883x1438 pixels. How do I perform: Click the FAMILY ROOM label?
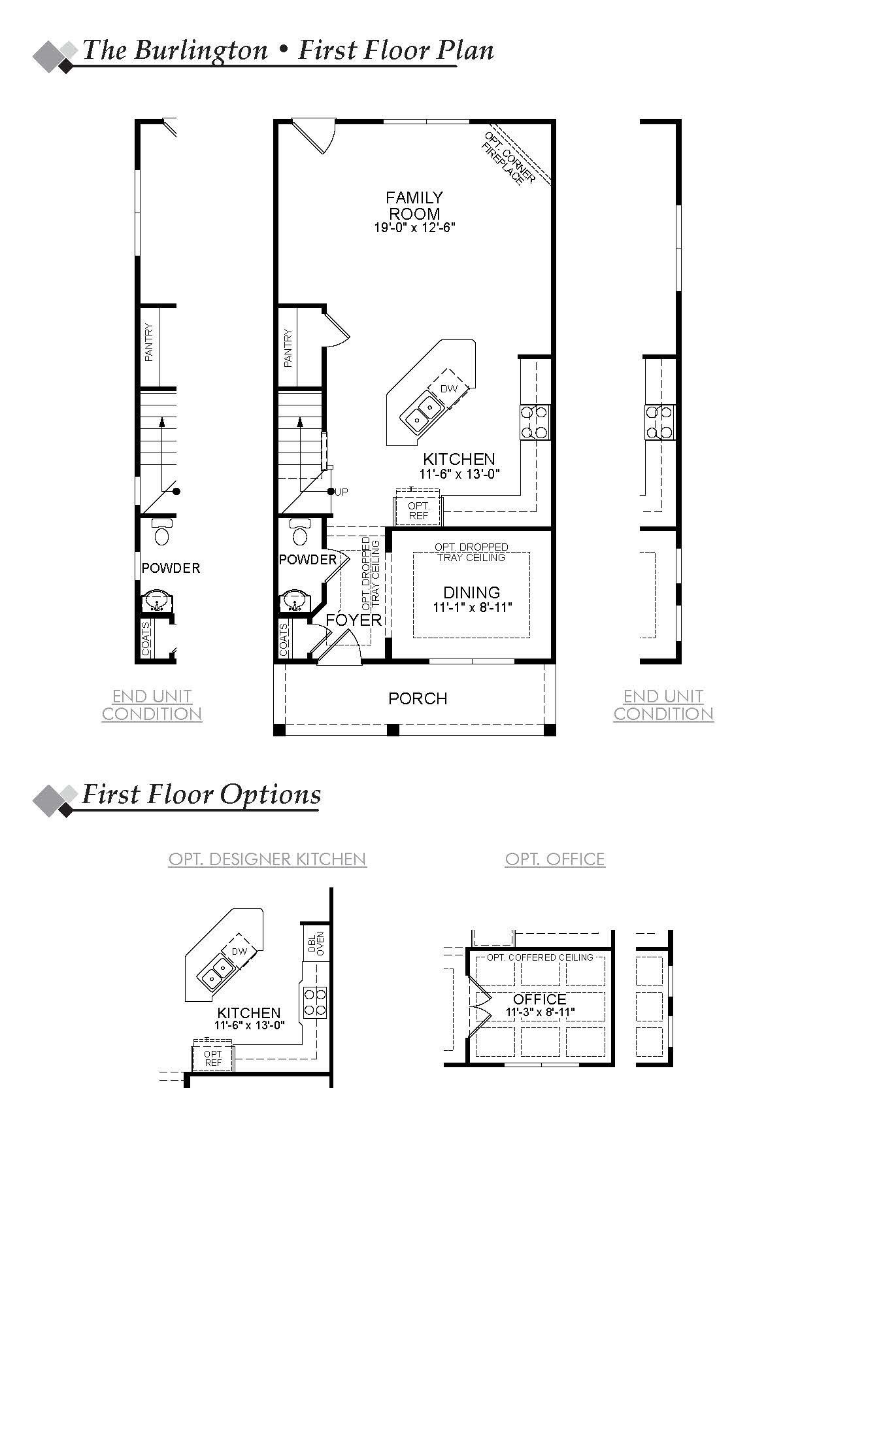tap(414, 205)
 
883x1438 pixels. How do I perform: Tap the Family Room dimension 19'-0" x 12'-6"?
tap(414, 228)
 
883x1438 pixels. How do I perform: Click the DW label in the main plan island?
tap(448, 388)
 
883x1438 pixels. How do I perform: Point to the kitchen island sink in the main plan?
tap(422, 413)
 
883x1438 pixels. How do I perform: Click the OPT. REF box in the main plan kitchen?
tap(418, 511)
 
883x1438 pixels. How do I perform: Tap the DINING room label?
tap(471, 592)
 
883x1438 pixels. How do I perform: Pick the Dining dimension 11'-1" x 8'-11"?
tap(471, 607)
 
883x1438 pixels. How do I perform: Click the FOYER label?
tap(354, 620)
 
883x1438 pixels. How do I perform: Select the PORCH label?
tap(418, 698)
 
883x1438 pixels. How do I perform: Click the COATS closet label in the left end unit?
tap(146, 639)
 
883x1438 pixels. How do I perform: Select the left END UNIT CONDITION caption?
tap(152, 705)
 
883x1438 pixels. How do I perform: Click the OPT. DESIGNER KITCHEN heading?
tap(267, 859)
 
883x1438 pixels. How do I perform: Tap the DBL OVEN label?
tap(316, 943)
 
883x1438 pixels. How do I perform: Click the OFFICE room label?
tap(539, 999)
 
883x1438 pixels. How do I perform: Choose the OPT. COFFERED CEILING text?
tap(540, 957)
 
